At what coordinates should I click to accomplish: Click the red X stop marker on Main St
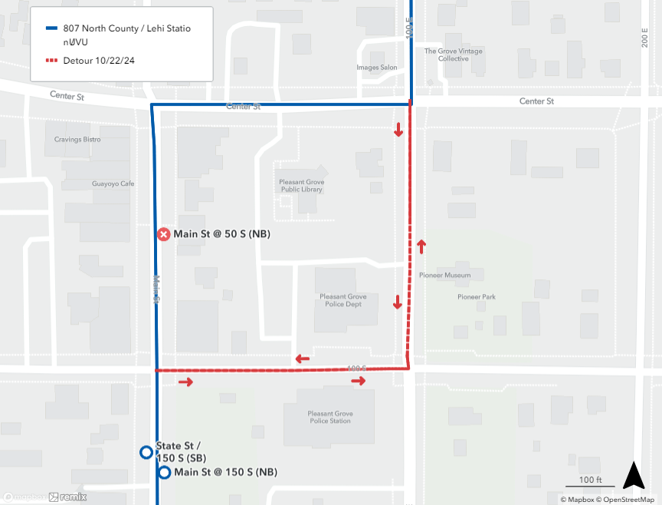point(163,234)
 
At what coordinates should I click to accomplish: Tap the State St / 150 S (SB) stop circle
point(146,452)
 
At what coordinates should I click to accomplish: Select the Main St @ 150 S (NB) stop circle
point(164,472)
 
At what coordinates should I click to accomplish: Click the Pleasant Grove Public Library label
point(302,186)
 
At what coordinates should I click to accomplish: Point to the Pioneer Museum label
point(445,275)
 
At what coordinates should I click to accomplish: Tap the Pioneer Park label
point(477,296)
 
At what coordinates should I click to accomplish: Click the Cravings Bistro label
point(77,140)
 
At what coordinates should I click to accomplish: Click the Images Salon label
point(377,68)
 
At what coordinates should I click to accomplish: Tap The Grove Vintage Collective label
point(454,55)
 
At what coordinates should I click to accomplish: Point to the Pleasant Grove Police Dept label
point(343,300)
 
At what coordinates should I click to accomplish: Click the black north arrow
point(633,476)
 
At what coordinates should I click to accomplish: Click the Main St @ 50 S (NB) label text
point(222,234)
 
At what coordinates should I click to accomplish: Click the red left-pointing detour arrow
point(302,358)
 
